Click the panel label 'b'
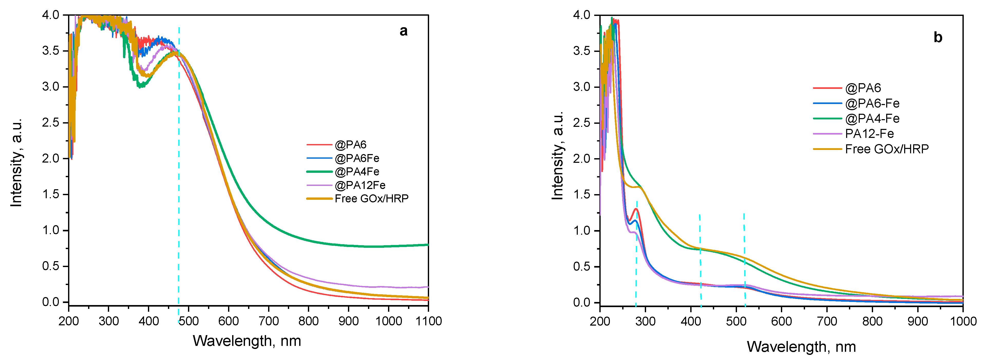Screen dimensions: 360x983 pos(938,37)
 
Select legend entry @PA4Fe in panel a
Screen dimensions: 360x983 pos(357,172)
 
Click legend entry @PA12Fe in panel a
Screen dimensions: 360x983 pos(360,185)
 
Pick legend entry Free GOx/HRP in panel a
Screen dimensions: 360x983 pos(371,198)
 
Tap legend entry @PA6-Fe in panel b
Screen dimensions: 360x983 pos(872,103)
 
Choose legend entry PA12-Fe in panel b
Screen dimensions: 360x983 pos(869,134)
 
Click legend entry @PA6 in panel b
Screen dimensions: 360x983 pos(863,88)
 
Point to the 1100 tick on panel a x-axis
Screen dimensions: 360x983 pos(429,321)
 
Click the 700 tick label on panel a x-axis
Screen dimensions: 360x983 pos(269,321)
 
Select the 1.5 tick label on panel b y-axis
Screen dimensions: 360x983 pos(582,195)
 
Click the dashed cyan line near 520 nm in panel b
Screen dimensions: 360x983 pos(744,260)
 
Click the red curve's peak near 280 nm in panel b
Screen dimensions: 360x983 pos(636,209)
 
